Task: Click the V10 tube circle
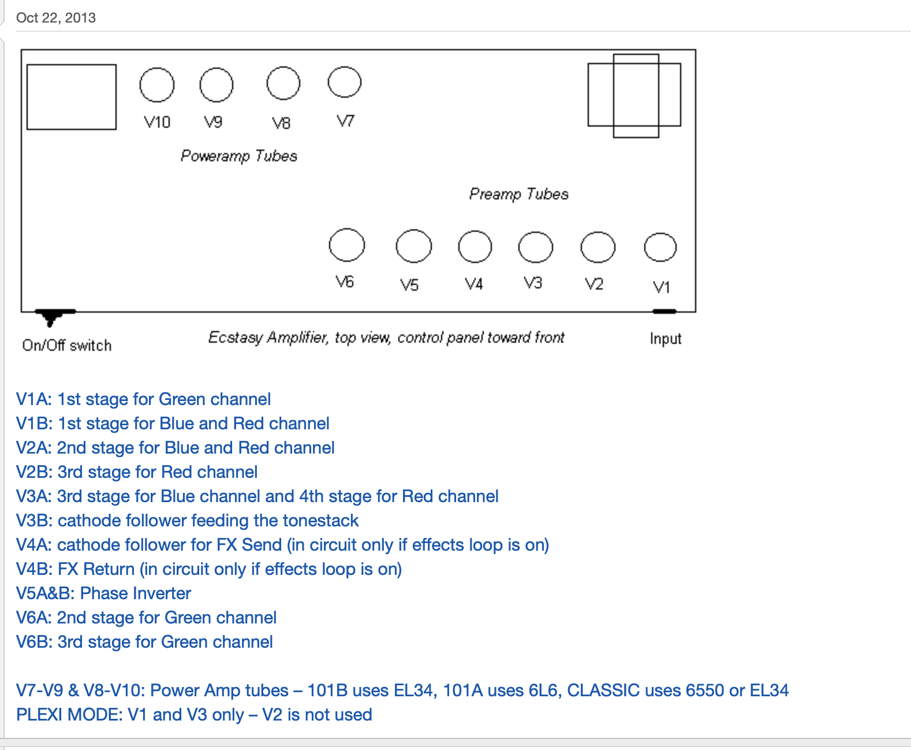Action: click(x=156, y=84)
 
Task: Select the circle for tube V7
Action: click(x=344, y=82)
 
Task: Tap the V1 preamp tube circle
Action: click(x=660, y=247)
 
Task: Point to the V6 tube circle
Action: click(x=346, y=245)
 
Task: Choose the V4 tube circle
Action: click(x=475, y=246)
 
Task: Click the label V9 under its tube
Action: click(x=213, y=122)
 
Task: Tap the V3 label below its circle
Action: click(x=533, y=283)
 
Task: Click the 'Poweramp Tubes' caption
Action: click(x=238, y=156)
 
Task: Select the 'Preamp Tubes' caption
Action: click(x=518, y=194)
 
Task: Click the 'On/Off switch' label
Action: click(x=67, y=346)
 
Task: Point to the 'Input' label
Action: click(x=665, y=339)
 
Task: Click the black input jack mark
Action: click(x=664, y=311)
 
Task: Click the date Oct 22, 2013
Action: click(x=56, y=18)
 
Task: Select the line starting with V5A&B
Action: click(x=103, y=593)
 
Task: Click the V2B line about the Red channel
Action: click(x=137, y=472)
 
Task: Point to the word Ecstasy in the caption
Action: click(x=235, y=337)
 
